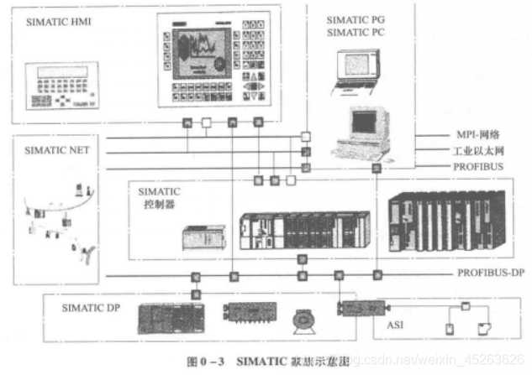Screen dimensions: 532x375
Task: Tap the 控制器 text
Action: coord(154,204)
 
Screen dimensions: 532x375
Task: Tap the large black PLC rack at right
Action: coord(446,220)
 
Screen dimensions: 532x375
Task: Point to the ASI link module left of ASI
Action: coord(360,309)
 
